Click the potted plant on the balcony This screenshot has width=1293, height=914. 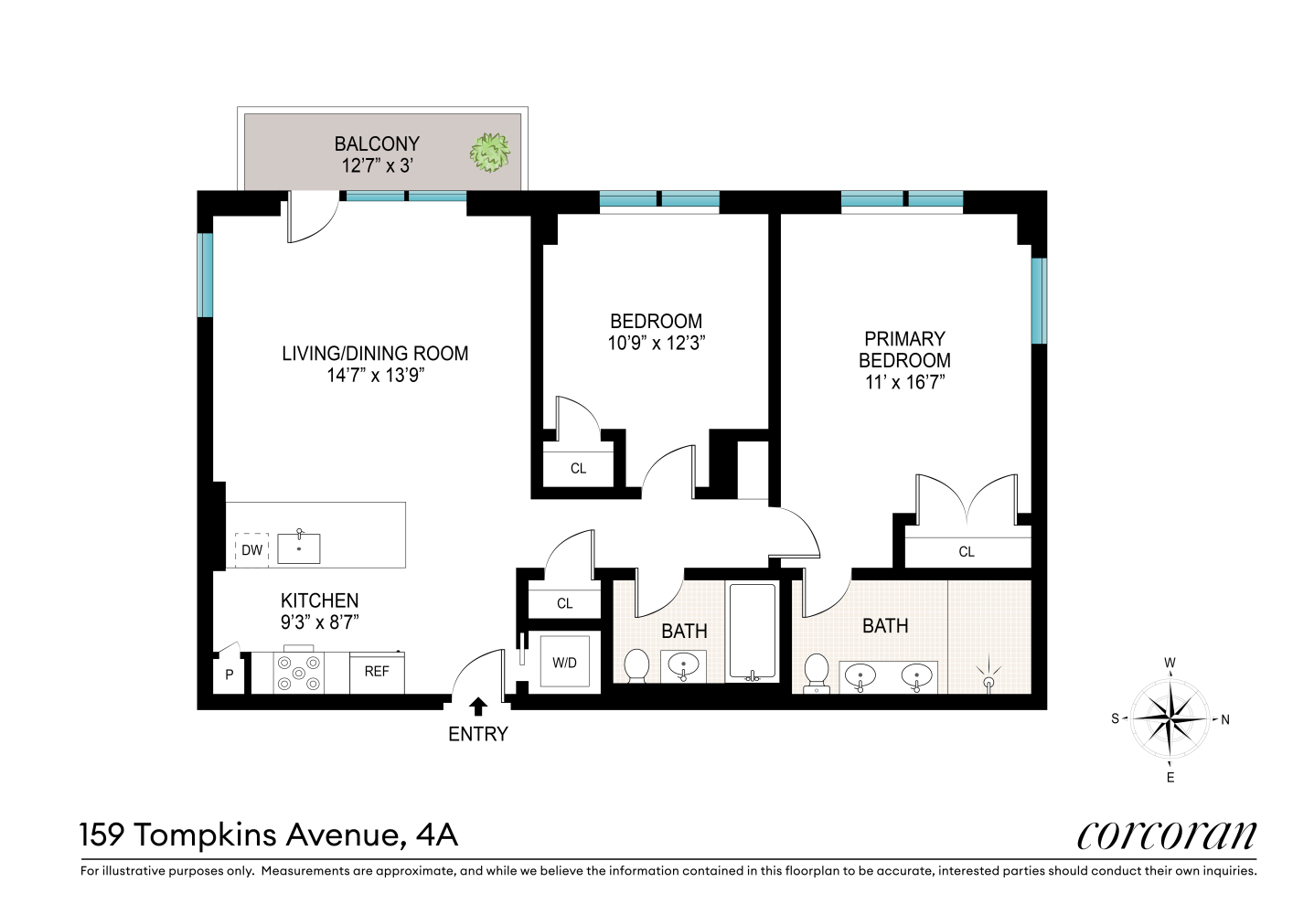click(x=490, y=153)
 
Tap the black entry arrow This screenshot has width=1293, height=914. click(x=477, y=706)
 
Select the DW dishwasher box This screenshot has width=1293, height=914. click(x=251, y=550)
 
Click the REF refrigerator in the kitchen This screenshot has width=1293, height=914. click(x=377, y=672)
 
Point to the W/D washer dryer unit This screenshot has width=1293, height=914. click(x=564, y=663)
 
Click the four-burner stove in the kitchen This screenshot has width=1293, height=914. click(x=299, y=673)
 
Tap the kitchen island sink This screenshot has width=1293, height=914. click(x=299, y=547)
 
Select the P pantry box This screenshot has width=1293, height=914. click(x=229, y=675)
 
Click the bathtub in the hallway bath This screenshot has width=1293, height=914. click(x=752, y=632)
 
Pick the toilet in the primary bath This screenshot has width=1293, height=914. click(x=816, y=672)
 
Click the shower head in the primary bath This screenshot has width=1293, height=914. click(x=988, y=677)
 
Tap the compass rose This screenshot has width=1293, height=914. click(x=1170, y=719)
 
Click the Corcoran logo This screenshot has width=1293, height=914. click(x=1166, y=834)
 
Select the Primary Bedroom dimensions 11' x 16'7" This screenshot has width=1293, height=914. click(x=904, y=383)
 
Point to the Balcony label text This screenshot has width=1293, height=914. click(x=377, y=144)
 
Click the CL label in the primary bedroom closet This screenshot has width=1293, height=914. click(x=967, y=552)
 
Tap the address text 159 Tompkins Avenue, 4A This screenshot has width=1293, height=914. click(x=269, y=834)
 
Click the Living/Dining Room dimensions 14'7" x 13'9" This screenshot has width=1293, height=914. click(x=375, y=376)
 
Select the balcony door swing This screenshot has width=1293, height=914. click(x=311, y=219)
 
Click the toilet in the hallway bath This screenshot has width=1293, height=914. click(x=636, y=665)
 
